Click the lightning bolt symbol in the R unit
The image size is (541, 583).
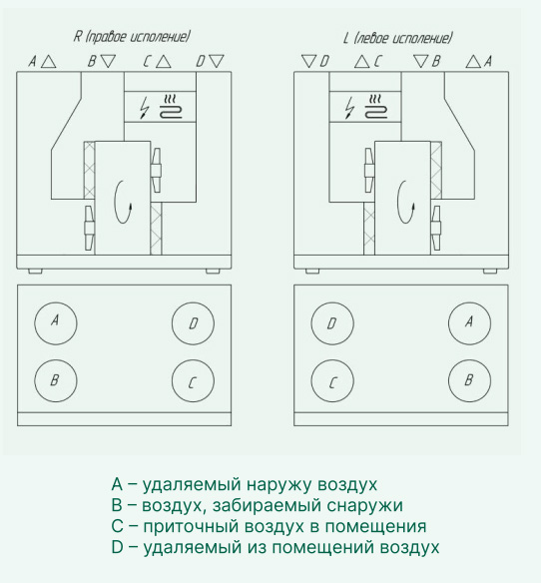tap(145, 108)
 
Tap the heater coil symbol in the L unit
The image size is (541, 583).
tap(375, 107)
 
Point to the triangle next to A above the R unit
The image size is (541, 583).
tap(48, 62)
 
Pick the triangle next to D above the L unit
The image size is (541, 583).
tap(308, 61)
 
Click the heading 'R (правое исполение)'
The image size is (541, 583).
tap(132, 37)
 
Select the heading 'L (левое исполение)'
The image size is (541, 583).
tap(397, 38)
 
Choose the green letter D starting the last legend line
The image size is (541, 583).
tap(117, 547)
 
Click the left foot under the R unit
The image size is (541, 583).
tap(35, 272)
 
